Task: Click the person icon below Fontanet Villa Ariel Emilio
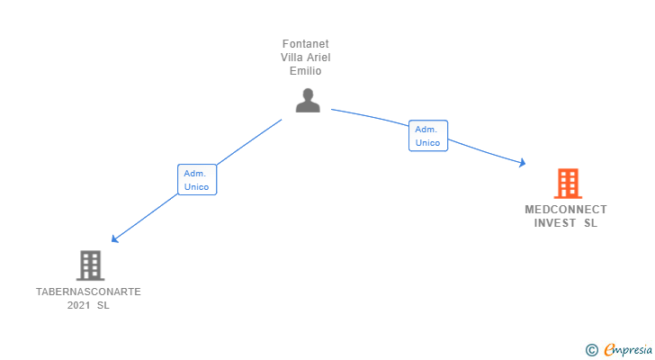[308, 100]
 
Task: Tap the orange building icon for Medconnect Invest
[567, 184]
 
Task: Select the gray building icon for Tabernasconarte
[90, 265]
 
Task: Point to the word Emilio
[308, 71]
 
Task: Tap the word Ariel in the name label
[320, 58]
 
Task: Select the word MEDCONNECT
[566, 210]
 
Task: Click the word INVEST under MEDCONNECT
[555, 223]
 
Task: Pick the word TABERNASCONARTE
[88, 292]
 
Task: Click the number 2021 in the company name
[79, 305]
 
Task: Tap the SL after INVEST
[590, 223]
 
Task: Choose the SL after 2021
[103, 305]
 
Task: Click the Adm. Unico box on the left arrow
[197, 180]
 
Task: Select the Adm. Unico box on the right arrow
[427, 136]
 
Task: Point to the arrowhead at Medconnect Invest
[521, 163]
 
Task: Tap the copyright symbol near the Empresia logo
[591, 350]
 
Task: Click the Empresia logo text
[627, 349]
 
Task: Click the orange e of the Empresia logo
[609, 350]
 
